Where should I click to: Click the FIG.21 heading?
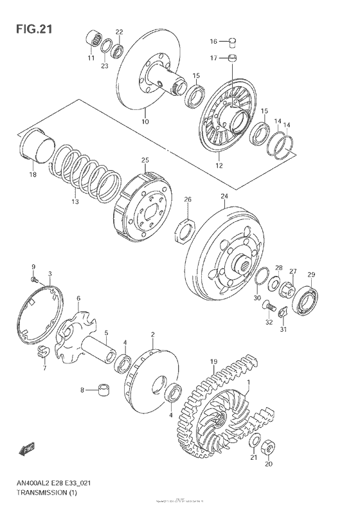30,29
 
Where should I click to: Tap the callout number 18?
32,174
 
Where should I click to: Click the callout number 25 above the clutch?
145,159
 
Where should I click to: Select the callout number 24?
224,196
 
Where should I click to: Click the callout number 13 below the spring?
75,201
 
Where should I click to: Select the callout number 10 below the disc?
145,122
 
